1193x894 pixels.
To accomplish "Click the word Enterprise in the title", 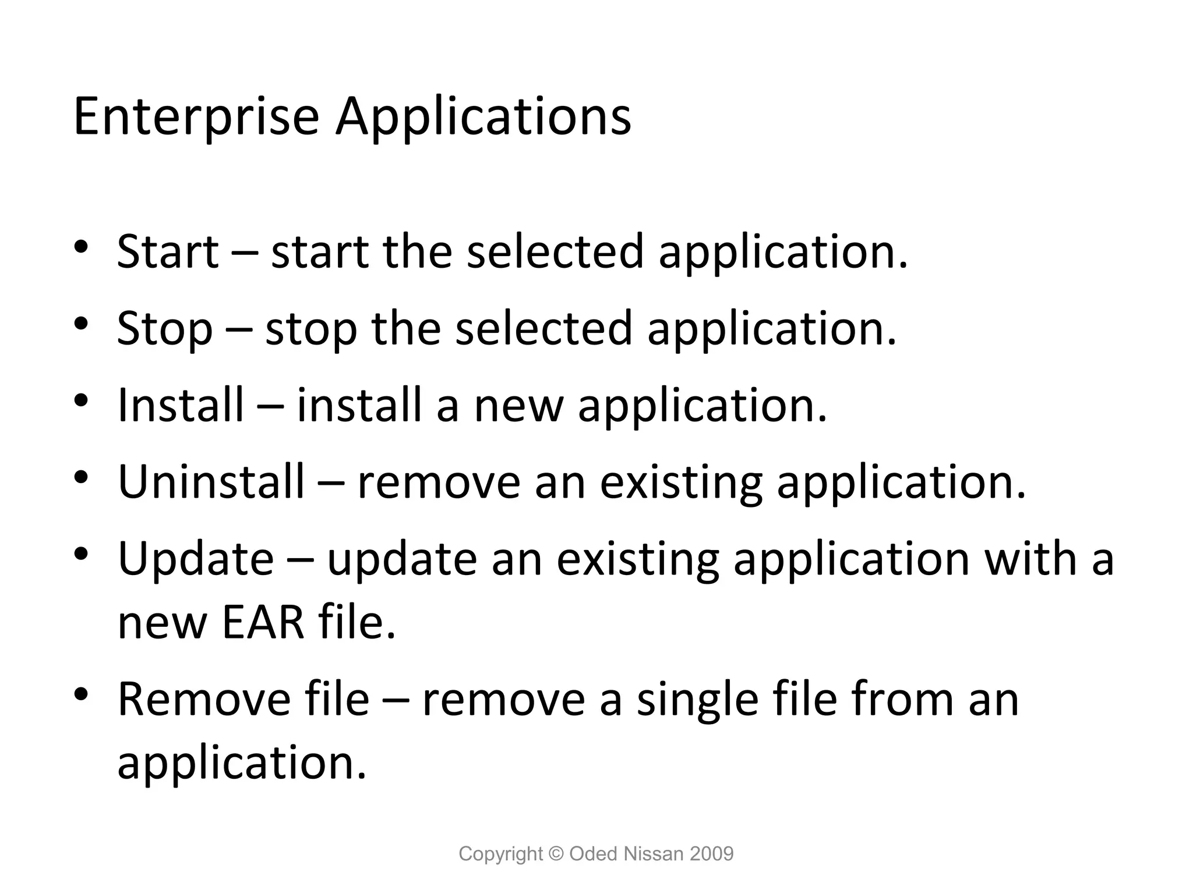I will (x=196, y=117).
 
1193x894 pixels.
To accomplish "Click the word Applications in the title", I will (x=483, y=117).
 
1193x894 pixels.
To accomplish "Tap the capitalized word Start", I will (x=168, y=251).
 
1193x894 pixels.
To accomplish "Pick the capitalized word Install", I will (x=181, y=405).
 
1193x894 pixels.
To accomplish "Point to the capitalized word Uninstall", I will (x=211, y=481).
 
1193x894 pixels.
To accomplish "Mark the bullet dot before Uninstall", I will (x=81, y=477).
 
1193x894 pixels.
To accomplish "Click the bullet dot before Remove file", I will (x=81, y=694).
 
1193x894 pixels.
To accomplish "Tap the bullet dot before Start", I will (x=81, y=246).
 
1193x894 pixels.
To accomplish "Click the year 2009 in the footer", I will (x=711, y=854).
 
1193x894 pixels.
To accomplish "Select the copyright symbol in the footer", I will (x=556, y=854).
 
